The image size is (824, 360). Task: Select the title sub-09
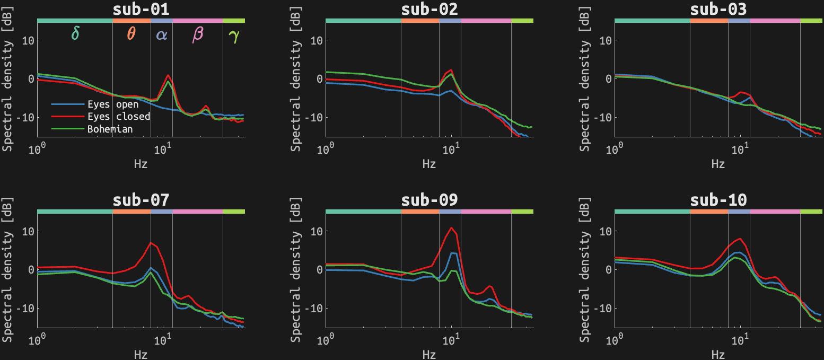point(429,200)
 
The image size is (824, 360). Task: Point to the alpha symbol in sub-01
point(162,35)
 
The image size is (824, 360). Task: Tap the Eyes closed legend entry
point(119,117)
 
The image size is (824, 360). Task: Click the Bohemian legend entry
point(110,129)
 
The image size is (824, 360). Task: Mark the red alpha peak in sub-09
point(451,228)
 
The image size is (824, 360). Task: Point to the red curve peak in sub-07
point(151,243)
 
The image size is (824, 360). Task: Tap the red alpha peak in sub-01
point(168,75)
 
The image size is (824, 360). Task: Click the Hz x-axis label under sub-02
point(429,164)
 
